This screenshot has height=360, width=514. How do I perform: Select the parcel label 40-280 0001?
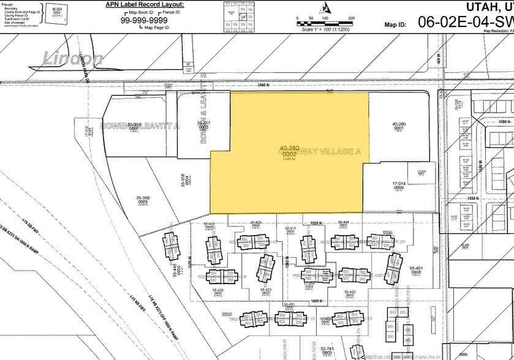click(x=399, y=126)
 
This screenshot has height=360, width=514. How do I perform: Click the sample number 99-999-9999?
click(x=145, y=19)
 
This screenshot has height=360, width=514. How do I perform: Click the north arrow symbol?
click(x=326, y=8)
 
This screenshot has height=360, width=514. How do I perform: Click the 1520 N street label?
click(x=316, y=224)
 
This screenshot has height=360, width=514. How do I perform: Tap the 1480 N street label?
click(x=316, y=301)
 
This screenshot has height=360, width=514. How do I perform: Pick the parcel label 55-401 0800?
click(x=416, y=271)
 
